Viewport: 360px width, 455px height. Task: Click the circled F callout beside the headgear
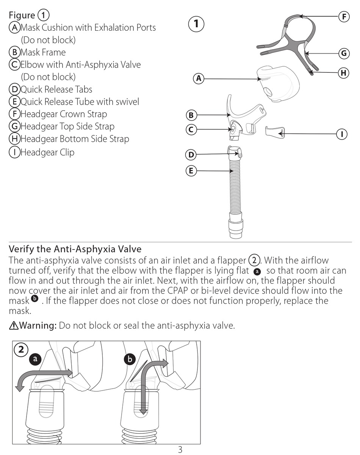pos(343,16)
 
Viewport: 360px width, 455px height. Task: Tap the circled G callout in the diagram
pos(343,53)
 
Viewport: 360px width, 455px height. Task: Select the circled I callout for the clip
pos(342,133)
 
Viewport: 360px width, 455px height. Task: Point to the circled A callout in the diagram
pos(198,79)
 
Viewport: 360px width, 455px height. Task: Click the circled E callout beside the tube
pos(191,171)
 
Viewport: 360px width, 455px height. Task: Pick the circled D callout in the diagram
pos(191,154)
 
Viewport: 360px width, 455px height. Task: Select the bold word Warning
pos(38,325)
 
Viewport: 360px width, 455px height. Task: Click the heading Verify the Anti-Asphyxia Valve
pos(75,249)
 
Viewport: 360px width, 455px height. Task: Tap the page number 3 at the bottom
pos(180,450)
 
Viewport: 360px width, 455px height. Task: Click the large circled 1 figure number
pos(196,24)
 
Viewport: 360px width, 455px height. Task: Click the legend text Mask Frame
pos(43,52)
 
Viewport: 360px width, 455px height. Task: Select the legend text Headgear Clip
pos(47,152)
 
